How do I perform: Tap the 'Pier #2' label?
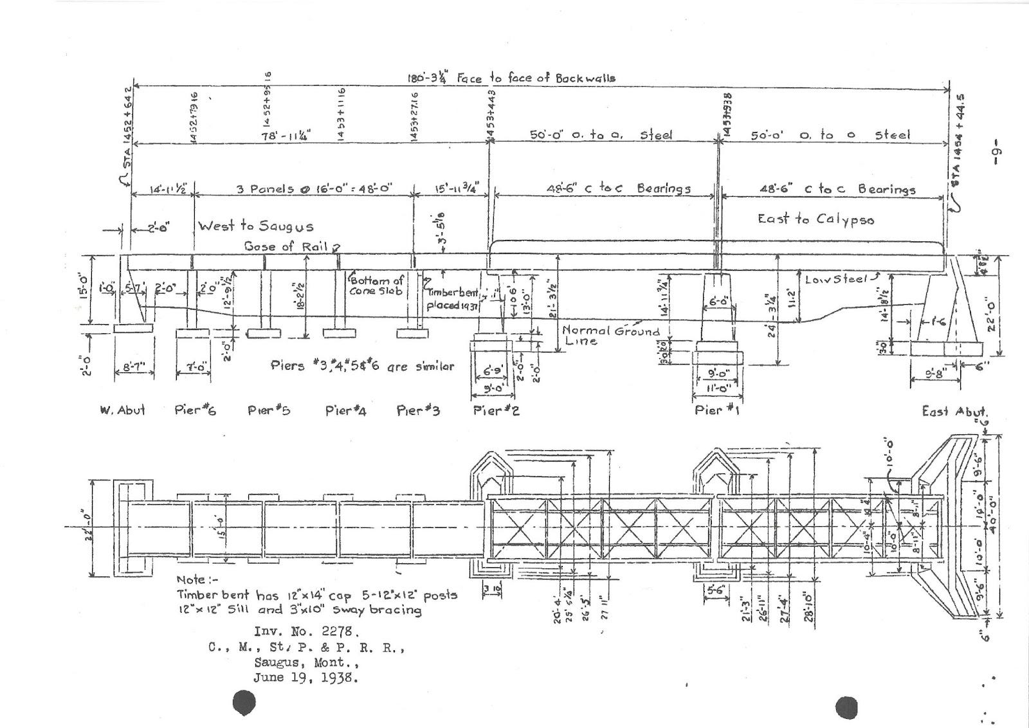[x=496, y=410]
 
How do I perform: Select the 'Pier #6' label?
[x=195, y=410]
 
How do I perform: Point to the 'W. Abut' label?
[x=122, y=410]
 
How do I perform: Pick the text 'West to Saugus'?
[x=255, y=226]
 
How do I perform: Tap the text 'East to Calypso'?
[x=815, y=219]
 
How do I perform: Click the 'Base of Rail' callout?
[x=287, y=246]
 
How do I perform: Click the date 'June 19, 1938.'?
[x=305, y=677]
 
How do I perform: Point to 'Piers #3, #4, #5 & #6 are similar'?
[x=362, y=366]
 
